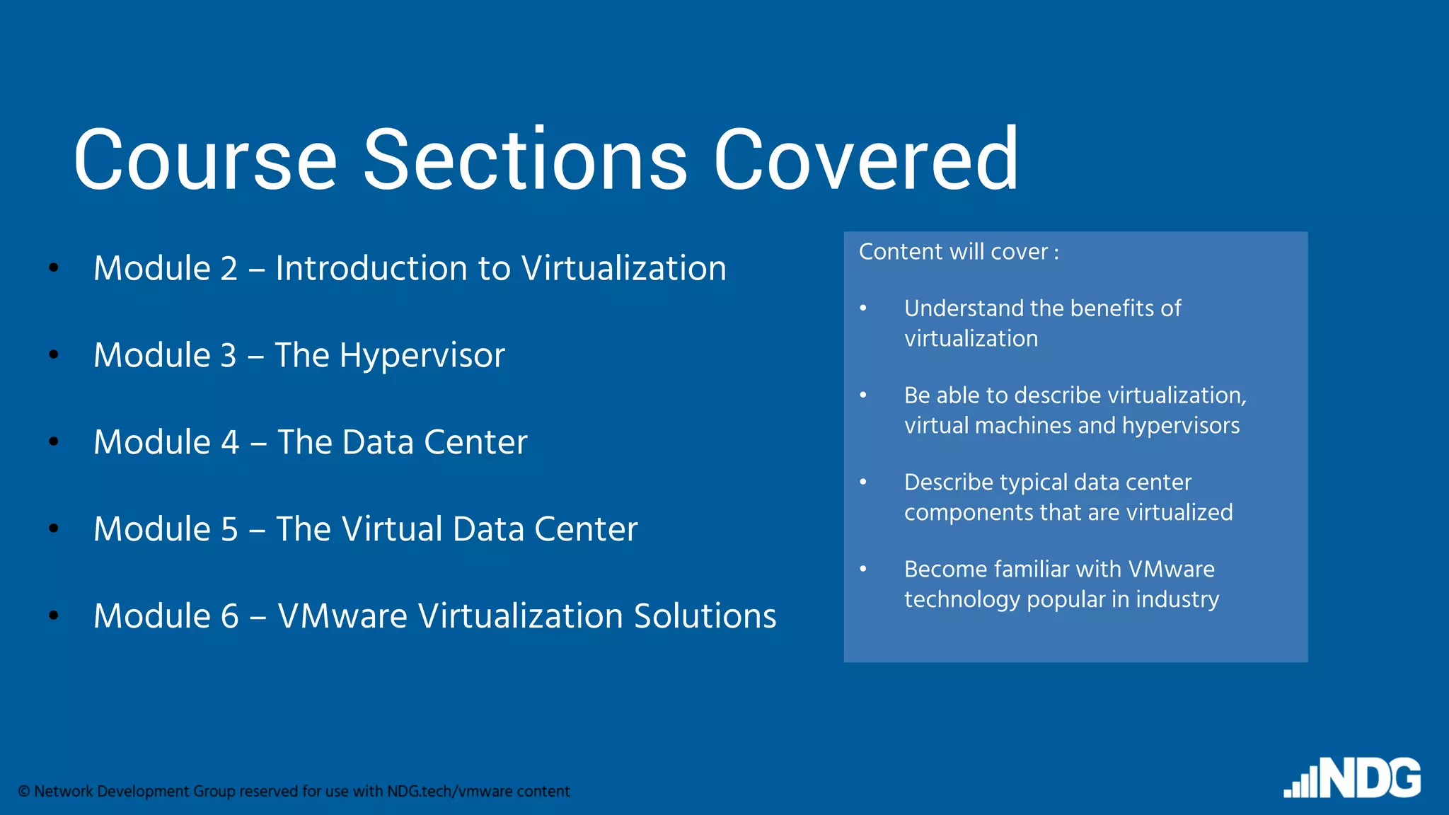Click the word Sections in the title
[x=524, y=160]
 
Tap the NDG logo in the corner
[x=1353, y=778]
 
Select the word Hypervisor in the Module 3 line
[x=422, y=356]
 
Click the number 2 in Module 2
[x=229, y=269]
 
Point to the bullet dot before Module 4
[x=54, y=441]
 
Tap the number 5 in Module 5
[x=229, y=530]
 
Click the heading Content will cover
[x=959, y=252]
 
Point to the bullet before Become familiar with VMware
[x=863, y=569]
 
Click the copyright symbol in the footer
[x=24, y=792]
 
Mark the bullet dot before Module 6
[x=54, y=615]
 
